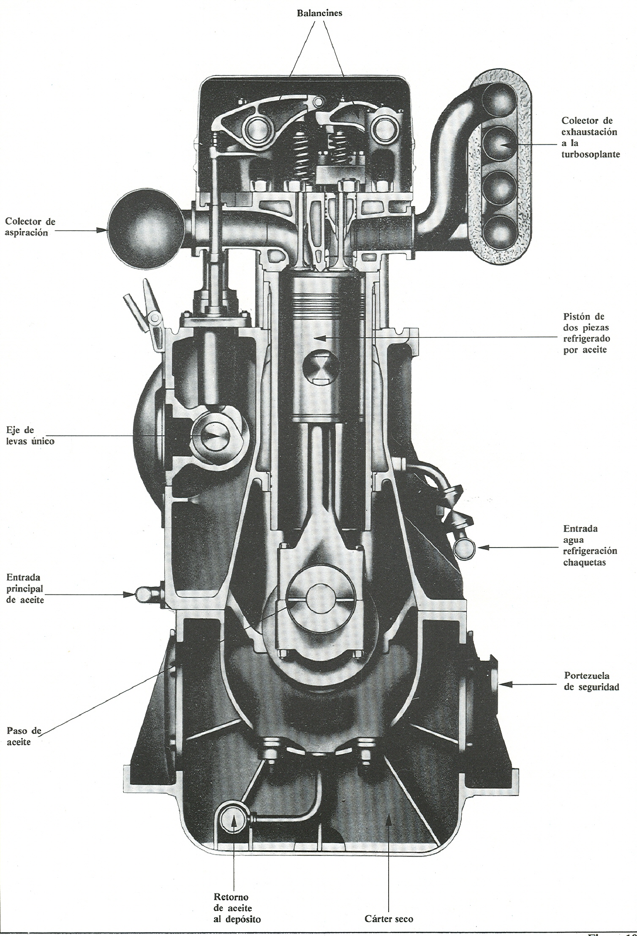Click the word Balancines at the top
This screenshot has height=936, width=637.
(x=319, y=13)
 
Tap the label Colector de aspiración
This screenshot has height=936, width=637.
(x=30, y=227)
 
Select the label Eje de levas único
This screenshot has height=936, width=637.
(x=30, y=436)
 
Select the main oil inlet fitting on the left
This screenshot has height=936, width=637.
(x=142, y=594)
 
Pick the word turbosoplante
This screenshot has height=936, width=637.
(x=591, y=155)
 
